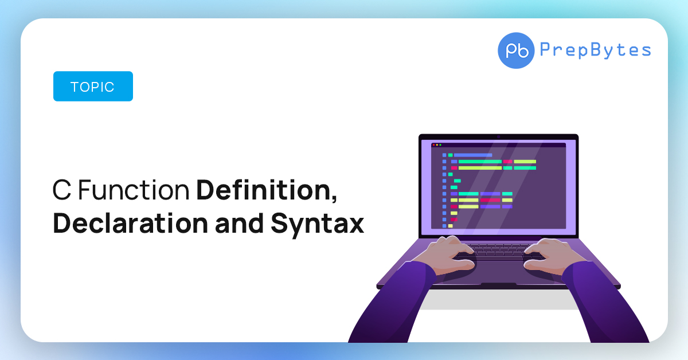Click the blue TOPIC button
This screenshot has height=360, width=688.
[93, 87]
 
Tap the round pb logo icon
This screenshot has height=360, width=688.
[516, 50]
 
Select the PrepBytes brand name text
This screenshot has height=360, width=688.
[595, 50]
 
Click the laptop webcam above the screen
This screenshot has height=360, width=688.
[499, 136]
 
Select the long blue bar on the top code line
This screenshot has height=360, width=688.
[473, 155]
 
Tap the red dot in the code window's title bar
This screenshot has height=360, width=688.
[433, 145]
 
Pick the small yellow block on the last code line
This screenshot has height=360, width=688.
[450, 226]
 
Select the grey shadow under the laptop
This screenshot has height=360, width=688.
[499, 299]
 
